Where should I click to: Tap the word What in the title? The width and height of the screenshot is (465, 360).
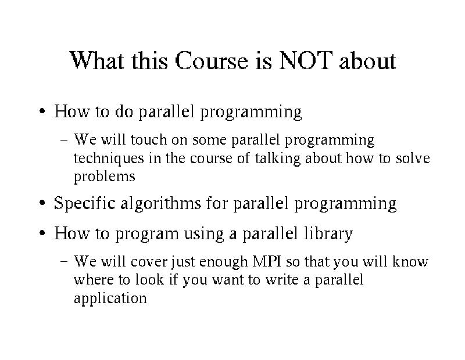tap(96, 60)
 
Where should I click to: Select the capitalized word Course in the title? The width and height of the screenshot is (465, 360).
tap(212, 60)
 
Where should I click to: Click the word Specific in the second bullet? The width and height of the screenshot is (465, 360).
tap(84, 204)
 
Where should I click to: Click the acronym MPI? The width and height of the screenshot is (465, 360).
tap(267, 261)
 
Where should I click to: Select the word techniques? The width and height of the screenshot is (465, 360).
tap(109, 158)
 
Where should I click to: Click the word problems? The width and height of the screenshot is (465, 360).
tap(105, 177)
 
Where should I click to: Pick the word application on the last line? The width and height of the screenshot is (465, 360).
tap(110, 298)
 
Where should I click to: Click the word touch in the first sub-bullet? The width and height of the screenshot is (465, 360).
tap(149, 139)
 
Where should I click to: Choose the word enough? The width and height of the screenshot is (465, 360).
tap(223, 262)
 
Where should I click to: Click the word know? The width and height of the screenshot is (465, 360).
tap(410, 261)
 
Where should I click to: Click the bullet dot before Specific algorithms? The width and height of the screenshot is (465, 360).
tap(42, 203)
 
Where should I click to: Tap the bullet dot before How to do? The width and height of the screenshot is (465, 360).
tap(42, 111)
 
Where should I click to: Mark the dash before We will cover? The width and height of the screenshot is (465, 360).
tap(64, 262)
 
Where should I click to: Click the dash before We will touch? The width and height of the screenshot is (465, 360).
tap(64, 140)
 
